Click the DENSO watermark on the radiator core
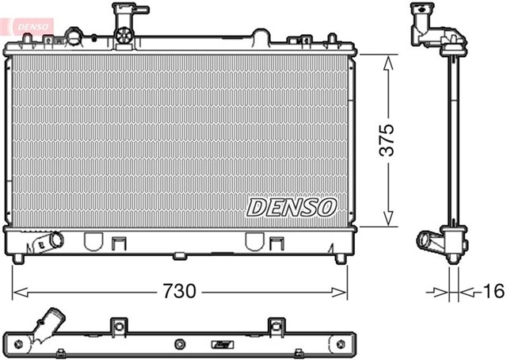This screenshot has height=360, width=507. (292, 208)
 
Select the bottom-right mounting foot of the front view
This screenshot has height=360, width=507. (340, 259)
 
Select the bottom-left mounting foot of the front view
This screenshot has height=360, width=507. (19, 259)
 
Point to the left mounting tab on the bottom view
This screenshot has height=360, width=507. (118, 326)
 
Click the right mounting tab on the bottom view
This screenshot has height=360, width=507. (276, 326)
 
